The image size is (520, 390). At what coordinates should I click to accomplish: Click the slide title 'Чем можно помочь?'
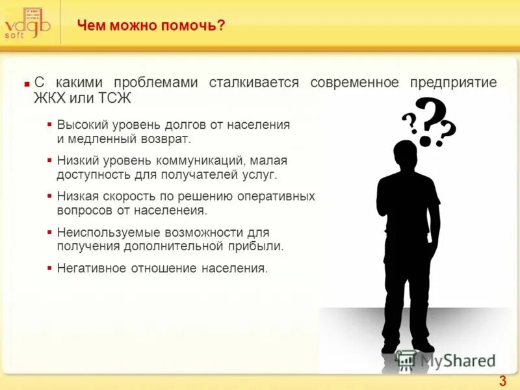[151, 25]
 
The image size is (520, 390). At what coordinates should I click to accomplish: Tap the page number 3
[502, 381]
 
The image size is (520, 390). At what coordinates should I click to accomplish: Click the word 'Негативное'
[88, 268]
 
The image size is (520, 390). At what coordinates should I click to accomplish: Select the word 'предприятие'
[453, 83]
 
